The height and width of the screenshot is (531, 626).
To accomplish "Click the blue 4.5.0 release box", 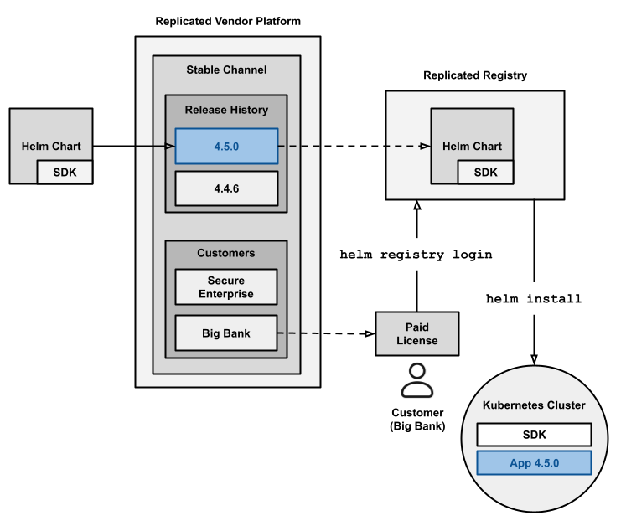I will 226,147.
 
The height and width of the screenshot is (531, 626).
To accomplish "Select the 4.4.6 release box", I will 226,189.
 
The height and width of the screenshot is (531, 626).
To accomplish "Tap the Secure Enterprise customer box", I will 226,287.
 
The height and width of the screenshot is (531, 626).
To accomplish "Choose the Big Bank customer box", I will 226,333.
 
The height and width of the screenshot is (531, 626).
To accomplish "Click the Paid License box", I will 417,333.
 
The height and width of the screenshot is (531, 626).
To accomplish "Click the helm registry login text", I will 416,255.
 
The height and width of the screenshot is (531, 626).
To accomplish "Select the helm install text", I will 534,298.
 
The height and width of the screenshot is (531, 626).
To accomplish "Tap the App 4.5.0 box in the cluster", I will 534,463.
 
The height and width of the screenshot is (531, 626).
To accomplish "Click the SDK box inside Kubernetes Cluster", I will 534,434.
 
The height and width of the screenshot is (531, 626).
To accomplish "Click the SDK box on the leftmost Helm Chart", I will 65,172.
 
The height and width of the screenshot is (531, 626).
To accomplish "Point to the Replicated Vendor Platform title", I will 228,20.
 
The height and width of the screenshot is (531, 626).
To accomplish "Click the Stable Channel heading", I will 226,70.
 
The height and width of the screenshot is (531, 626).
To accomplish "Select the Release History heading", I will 226,110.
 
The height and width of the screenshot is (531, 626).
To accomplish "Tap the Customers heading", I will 226,252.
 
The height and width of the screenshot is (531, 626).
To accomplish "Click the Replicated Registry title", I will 474,75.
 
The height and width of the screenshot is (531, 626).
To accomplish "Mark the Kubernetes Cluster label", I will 534,406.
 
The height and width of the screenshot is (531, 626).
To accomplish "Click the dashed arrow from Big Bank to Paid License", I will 325,333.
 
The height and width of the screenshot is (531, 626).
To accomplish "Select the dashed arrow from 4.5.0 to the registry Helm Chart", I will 352,147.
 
